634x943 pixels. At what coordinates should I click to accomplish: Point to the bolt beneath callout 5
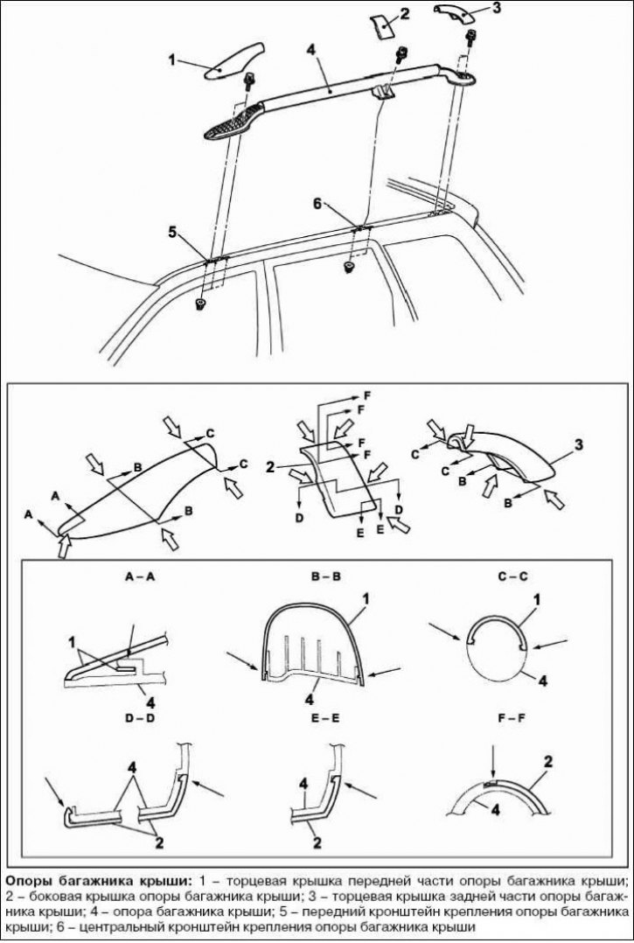[200, 304]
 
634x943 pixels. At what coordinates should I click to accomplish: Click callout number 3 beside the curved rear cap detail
[578, 446]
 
